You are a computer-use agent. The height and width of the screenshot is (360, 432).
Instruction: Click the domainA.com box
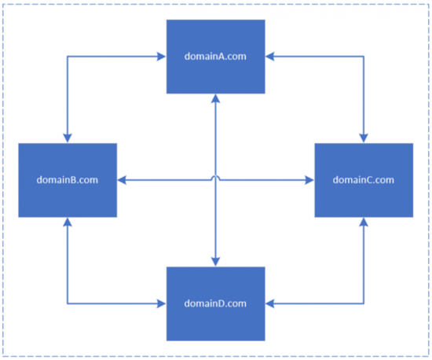click(x=216, y=56)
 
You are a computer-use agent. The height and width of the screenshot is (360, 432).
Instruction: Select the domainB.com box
click(x=68, y=180)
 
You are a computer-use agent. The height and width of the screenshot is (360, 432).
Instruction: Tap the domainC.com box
click(x=364, y=180)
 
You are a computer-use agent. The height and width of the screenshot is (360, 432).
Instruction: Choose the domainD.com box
click(x=216, y=303)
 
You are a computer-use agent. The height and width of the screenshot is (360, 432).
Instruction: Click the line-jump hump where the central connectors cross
click(x=216, y=179)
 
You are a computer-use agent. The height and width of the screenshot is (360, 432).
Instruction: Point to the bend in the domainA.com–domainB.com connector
click(x=68, y=57)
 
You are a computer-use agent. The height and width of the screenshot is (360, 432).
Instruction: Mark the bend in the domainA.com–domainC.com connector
click(x=364, y=57)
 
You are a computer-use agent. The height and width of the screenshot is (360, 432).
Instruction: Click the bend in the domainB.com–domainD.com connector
click(x=68, y=303)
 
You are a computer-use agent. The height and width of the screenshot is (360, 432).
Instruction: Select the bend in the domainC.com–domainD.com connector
click(x=364, y=303)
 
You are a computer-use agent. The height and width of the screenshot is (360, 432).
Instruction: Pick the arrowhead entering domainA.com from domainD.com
click(x=216, y=97)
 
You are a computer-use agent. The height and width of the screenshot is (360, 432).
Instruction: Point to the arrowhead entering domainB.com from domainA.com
click(x=68, y=138)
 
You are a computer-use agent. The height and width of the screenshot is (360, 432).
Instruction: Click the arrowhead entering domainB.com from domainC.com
click(x=122, y=181)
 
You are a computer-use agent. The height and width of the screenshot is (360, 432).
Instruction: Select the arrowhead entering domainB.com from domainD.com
click(x=68, y=222)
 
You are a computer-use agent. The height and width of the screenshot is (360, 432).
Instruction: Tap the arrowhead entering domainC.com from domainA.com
click(x=364, y=138)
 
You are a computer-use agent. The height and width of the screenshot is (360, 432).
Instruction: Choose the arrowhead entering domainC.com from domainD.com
click(x=364, y=222)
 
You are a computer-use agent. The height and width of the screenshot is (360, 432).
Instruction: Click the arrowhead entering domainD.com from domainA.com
click(x=216, y=263)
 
